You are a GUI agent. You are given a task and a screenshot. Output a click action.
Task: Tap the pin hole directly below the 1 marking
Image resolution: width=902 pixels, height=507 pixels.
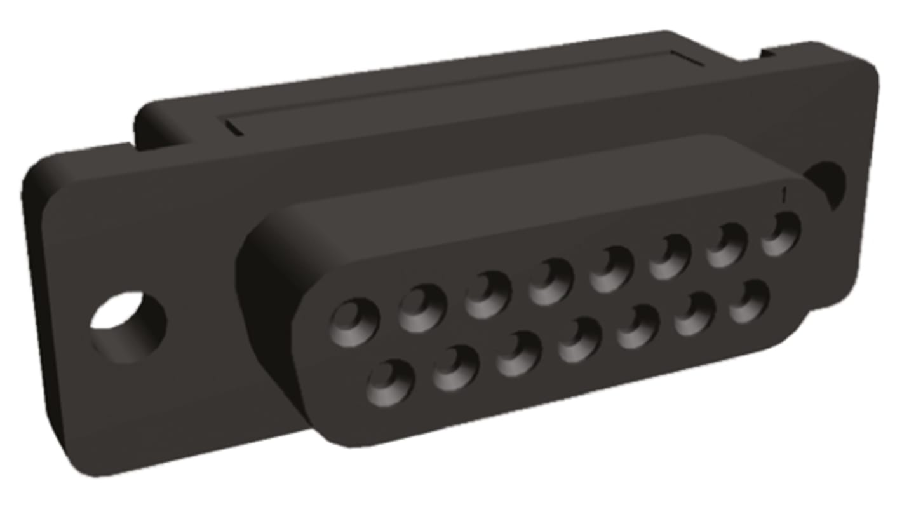pos(781,234)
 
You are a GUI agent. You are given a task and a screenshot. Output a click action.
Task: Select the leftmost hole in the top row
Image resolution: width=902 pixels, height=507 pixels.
pos(354,321)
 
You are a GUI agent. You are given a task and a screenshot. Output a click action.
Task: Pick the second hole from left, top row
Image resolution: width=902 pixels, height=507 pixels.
pos(422,308)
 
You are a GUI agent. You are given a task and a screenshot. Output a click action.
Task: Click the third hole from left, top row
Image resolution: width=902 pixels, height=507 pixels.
pos(487,294)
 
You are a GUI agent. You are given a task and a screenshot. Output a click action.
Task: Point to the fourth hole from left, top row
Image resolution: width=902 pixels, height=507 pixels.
pos(550,281)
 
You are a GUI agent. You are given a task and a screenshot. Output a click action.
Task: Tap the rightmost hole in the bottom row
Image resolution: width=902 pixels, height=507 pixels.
pos(750,301)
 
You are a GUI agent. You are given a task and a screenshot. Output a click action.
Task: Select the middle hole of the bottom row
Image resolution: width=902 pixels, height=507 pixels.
pos(579,340)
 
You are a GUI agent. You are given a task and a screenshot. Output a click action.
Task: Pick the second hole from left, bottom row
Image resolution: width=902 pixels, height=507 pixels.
pos(455,368)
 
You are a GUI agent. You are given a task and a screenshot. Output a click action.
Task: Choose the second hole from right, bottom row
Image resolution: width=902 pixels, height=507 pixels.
pos(695,314)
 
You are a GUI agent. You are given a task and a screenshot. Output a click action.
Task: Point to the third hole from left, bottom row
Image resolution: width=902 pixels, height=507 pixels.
pos(518,354)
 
